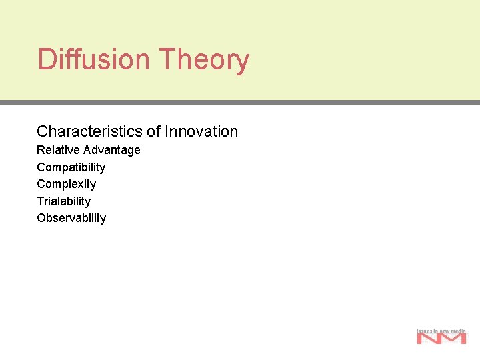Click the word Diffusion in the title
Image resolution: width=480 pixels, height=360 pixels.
(x=94, y=59)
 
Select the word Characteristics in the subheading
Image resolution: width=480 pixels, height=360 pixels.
(x=90, y=131)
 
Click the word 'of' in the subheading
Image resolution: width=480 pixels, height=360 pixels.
(x=154, y=131)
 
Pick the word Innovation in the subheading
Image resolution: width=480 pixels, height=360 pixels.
(x=201, y=131)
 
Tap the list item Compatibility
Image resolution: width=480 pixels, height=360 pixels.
(x=71, y=167)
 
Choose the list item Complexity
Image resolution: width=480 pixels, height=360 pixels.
(x=66, y=184)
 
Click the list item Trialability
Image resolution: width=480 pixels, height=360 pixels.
(x=63, y=201)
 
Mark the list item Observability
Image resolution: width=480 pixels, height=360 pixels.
(x=71, y=218)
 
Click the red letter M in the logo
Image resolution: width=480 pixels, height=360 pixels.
(x=454, y=338)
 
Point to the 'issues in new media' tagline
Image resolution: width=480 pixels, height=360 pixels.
(x=441, y=330)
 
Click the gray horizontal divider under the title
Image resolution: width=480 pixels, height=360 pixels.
(x=240, y=103)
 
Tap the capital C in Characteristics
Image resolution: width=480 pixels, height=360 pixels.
(x=42, y=131)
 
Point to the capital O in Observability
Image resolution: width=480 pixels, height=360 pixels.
(x=41, y=218)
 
